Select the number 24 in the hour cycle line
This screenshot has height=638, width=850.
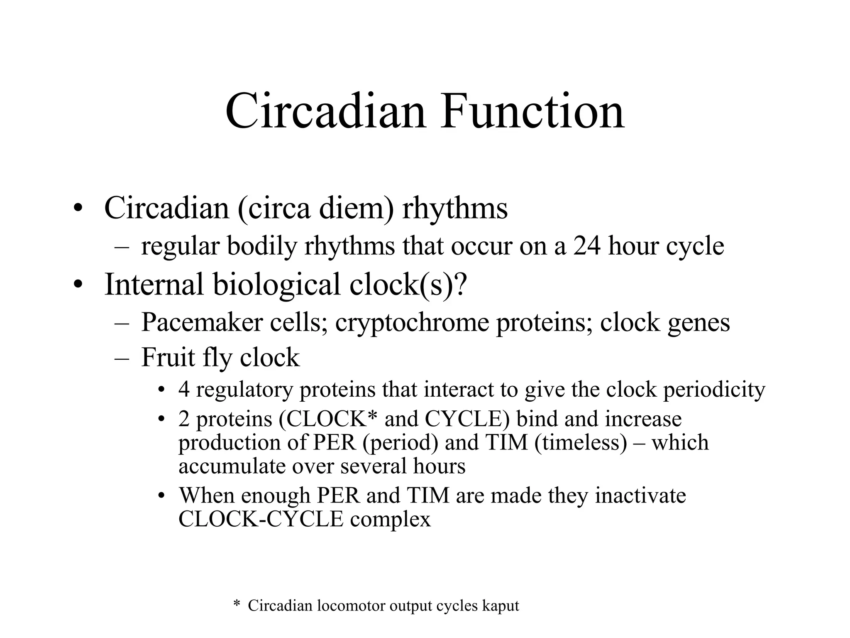point(587,246)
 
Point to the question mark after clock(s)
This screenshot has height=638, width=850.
point(461,284)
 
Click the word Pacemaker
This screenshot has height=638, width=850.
point(202,322)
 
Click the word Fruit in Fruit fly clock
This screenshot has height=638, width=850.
point(168,357)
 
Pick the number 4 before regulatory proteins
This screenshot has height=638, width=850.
point(184,390)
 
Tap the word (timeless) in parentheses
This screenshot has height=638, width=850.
point(581,442)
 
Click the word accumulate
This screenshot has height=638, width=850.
point(232,466)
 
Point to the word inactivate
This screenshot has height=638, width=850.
point(640,496)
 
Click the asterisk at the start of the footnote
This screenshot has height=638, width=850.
point(237,604)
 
